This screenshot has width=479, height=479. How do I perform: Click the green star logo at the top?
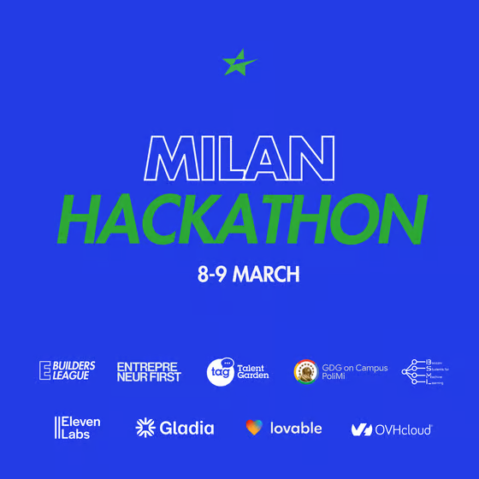tap(239, 62)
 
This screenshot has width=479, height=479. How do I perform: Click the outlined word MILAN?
tap(239, 160)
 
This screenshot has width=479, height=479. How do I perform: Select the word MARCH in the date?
tap(266, 275)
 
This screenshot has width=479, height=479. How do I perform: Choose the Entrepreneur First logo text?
tap(149, 371)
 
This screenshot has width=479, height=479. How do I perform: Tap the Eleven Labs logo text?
tap(79, 428)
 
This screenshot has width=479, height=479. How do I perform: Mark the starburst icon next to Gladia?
tap(145, 428)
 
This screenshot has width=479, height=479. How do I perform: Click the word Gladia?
tap(186, 428)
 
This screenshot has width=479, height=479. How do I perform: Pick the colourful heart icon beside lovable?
tap(254, 428)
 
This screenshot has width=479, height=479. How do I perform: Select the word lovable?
tap(296, 428)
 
